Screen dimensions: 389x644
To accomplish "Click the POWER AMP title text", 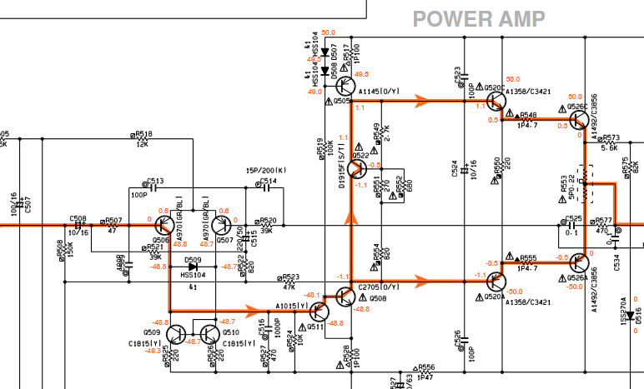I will (479, 18).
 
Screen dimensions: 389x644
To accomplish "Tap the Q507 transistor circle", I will (222, 226).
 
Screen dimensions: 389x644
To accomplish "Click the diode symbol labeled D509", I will (194, 266).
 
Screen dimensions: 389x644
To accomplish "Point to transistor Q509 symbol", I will (177, 333).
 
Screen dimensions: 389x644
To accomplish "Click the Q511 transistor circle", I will (319, 312).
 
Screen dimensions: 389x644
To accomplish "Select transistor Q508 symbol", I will (345, 297).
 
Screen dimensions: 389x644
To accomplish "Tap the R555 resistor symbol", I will (527, 263).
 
